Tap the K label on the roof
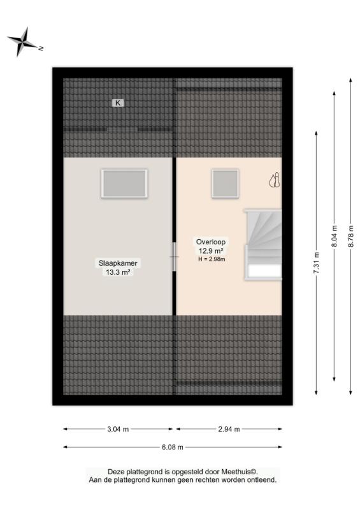click(118, 103)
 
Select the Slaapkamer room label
click(118, 263)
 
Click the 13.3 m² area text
click(118, 272)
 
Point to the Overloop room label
click(211, 242)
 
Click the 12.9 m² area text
click(211, 251)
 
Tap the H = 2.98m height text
click(212, 259)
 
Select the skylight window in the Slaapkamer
click(124, 184)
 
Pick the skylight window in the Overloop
click(225, 184)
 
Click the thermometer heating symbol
click(275, 180)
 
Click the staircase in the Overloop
click(263, 245)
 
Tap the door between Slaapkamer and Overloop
click(175, 257)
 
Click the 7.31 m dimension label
click(316, 263)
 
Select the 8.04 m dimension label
click(335, 236)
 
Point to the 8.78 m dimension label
click(350, 236)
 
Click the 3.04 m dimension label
click(118, 429)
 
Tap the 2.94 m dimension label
click(229, 429)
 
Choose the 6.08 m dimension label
click(173, 448)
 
